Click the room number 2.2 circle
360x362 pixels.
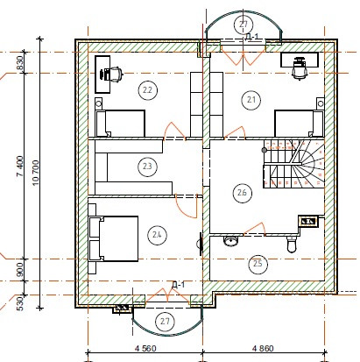(x=147, y=90)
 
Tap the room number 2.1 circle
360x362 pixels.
(x=251, y=100)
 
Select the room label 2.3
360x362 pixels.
(x=147, y=167)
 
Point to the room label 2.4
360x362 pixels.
(x=157, y=234)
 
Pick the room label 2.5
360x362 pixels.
(x=258, y=264)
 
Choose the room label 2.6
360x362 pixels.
(x=243, y=193)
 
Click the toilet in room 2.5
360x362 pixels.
(x=292, y=245)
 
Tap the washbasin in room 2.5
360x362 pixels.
(x=231, y=241)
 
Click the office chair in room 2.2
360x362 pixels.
(x=111, y=74)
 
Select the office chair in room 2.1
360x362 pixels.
(x=300, y=68)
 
